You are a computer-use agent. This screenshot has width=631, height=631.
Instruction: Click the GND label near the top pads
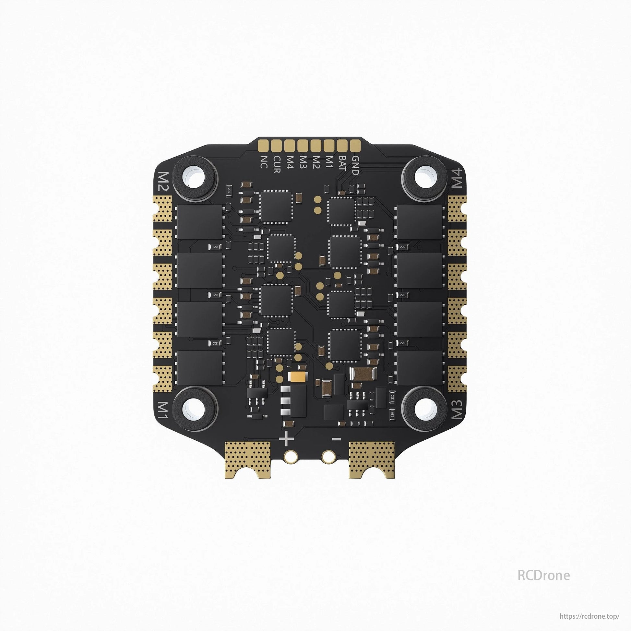click(x=355, y=166)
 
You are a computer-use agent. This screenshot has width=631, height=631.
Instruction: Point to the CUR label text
click(x=277, y=165)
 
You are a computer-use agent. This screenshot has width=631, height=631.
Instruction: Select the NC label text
click(x=263, y=162)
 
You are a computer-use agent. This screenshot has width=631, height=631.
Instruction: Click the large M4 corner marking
click(x=458, y=178)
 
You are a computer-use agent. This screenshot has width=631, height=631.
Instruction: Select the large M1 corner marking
click(x=162, y=411)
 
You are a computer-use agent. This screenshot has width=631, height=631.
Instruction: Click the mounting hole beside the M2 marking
click(x=195, y=179)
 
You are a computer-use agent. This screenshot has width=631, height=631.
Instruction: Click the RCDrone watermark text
click(x=543, y=575)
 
